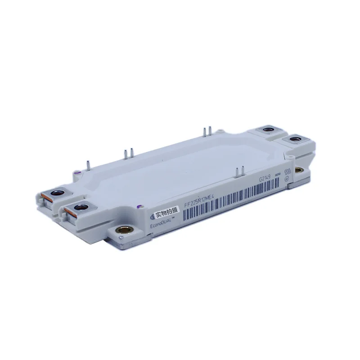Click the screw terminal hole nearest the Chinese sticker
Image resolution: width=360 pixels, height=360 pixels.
point(81,207)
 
